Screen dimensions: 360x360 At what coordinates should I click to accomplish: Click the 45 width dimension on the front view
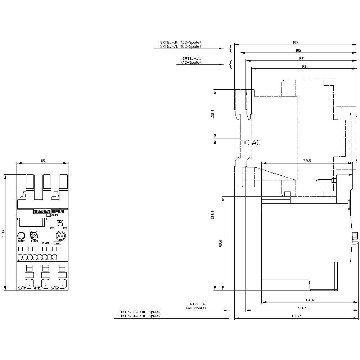[42, 161]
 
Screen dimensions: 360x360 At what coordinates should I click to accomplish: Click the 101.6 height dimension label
[4, 233]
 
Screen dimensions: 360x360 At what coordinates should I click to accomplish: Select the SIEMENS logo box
[42, 212]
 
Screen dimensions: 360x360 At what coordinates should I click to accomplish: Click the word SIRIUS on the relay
[58, 212]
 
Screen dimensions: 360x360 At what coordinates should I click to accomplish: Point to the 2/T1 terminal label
[22, 288]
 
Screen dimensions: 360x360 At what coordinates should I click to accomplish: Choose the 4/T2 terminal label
[37, 288]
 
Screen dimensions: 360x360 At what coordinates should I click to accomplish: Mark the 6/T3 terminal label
[54, 288]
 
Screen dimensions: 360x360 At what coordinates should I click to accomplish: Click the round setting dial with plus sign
[60, 236]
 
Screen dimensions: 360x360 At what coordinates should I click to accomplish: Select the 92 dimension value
[304, 67]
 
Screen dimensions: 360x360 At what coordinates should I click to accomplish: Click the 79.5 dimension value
[306, 161]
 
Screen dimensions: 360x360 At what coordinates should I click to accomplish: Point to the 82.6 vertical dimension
[221, 244]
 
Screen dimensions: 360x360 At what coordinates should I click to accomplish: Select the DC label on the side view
[245, 143]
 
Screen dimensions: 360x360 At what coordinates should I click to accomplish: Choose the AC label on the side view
[256, 143]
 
